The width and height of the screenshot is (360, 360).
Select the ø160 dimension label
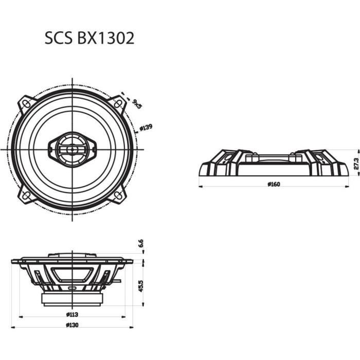[x=275, y=185]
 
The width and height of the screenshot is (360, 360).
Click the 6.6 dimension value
[x=140, y=244]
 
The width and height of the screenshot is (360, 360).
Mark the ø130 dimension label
[x=71, y=325]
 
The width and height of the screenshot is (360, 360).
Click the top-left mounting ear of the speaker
[x=26, y=103]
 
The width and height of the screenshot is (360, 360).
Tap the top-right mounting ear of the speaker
[x=118, y=103]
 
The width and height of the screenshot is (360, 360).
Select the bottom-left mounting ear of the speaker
[x=26, y=195]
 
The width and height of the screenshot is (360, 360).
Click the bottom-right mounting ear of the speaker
[x=118, y=195]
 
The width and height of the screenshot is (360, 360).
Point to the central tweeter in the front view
[x=72, y=149]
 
